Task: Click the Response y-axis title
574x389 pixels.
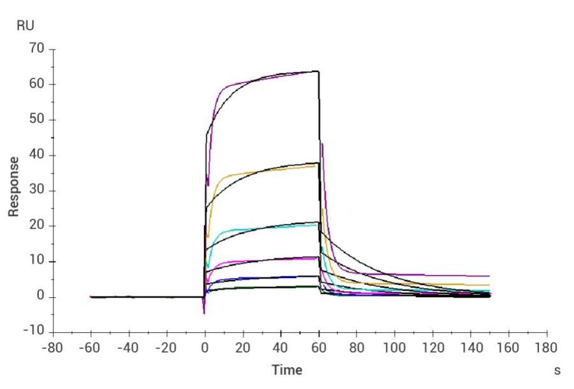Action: [x=13, y=186]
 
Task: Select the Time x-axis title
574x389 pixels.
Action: [x=287, y=370]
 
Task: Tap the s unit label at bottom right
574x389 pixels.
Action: [x=557, y=371]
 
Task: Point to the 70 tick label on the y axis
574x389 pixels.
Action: [x=37, y=49]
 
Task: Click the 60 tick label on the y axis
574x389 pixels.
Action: [x=37, y=84]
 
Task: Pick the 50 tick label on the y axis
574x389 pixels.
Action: [x=37, y=120]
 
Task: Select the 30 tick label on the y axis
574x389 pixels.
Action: [x=37, y=191]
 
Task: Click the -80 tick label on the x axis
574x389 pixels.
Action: [x=53, y=348]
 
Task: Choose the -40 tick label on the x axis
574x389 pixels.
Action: [x=129, y=348]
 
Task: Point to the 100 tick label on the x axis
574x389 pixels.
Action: [x=395, y=348]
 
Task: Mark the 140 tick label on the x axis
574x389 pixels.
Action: [x=471, y=348]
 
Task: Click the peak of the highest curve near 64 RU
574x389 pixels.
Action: [x=317, y=71]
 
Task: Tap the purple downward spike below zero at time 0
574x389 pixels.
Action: [x=204, y=312]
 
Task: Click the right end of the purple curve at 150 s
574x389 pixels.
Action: [x=489, y=276]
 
